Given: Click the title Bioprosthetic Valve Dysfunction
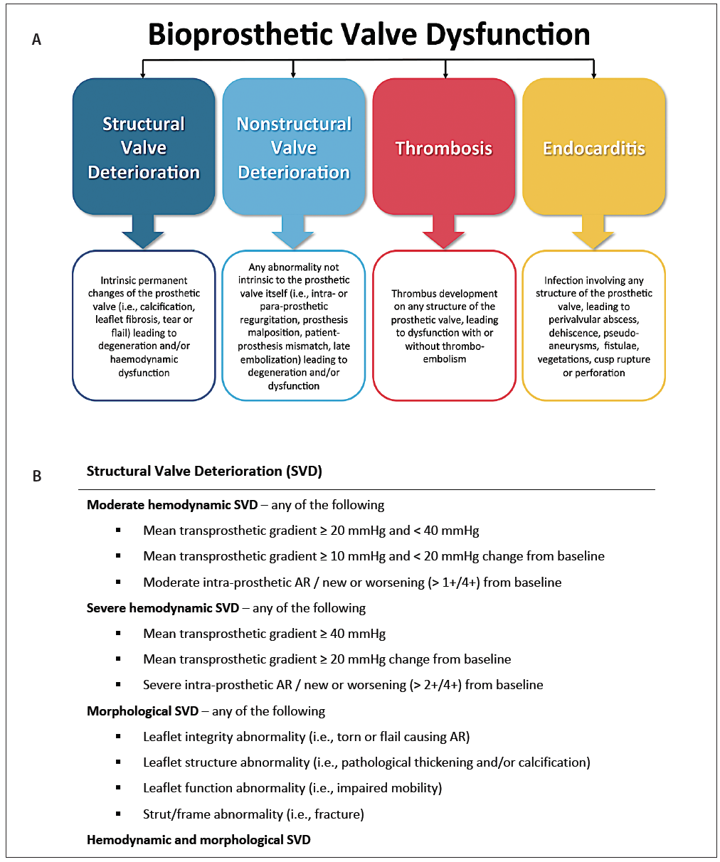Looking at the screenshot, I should (369, 35).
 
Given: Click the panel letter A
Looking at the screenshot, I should (36, 41).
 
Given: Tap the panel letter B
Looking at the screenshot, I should (37, 477).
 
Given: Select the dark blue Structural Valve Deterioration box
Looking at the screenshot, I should (144, 147).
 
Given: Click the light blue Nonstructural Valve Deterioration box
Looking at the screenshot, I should (294, 147).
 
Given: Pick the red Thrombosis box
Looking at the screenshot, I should (444, 147).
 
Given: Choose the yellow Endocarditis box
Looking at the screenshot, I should (594, 147).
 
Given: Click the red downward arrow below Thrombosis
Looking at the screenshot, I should (444, 233).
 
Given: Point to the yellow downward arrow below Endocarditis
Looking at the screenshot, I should (594, 233).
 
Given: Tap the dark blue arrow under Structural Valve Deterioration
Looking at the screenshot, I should (144, 233).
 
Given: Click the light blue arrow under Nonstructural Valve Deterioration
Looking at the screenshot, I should (294, 233).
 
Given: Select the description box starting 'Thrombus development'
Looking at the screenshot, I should (444, 326).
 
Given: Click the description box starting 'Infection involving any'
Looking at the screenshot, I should (594, 326).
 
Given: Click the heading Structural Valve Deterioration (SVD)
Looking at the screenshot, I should (204, 471).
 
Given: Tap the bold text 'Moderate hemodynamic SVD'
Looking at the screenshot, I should (172, 505).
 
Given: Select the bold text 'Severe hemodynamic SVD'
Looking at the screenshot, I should (163, 608).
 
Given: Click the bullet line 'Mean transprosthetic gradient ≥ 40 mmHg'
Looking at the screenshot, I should (264, 634).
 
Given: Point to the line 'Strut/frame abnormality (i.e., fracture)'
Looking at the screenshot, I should (253, 814).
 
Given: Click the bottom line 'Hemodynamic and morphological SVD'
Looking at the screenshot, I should (198, 840).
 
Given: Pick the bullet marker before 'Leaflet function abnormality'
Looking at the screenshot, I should (118, 788).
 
